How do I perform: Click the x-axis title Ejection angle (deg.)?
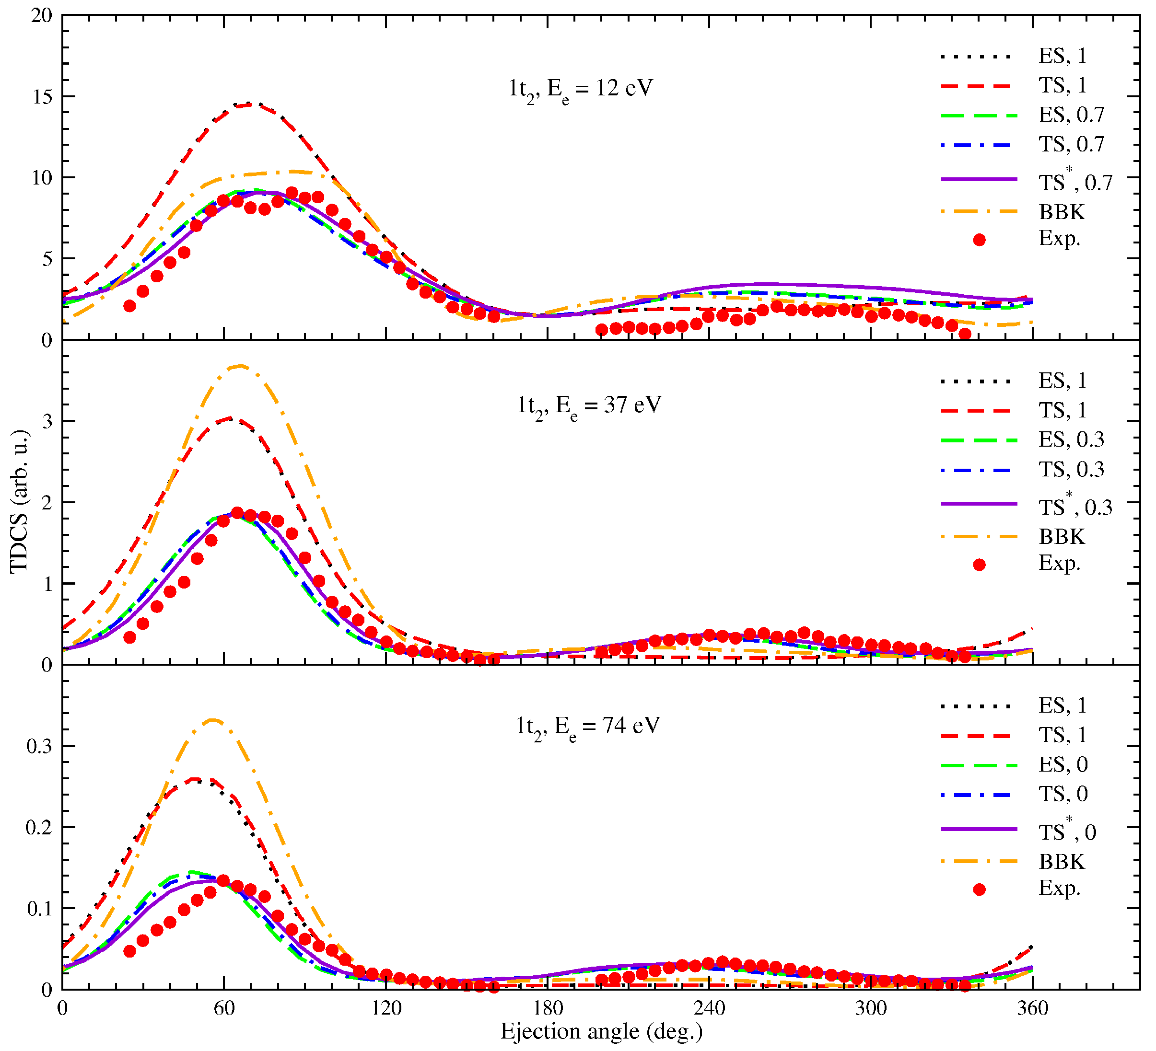tap(601, 1031)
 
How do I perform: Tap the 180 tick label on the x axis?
tap(547, 1008)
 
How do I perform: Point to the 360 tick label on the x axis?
tap(1032, 1008)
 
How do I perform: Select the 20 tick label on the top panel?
tap(41, 16)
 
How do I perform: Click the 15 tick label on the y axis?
tap(41, 97)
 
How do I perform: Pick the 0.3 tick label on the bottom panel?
tap(39, 746)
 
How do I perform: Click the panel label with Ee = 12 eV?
tap(580, 89)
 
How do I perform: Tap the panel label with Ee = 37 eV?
tap(589, 406)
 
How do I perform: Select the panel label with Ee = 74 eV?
tap(588, 726)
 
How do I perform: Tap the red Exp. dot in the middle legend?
tap(980, 565)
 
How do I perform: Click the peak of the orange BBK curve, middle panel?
tap(240, 365)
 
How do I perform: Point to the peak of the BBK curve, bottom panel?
tap(213, 719)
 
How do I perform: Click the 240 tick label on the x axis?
tap(709, 1008)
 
